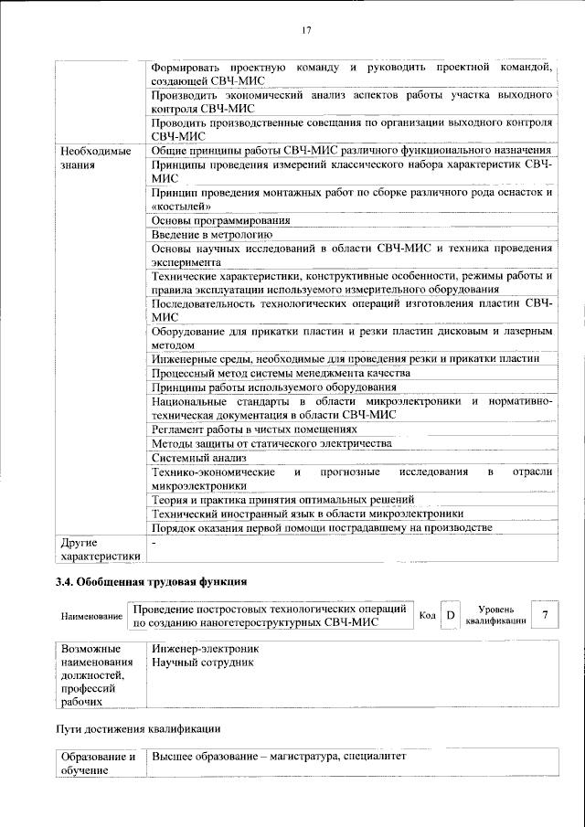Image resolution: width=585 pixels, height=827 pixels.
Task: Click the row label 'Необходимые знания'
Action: click(x=95, y=158)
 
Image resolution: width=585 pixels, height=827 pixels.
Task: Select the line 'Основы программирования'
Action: click(x=220, y=220)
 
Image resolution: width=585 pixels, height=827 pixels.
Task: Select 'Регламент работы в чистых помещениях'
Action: click(x=253, y=429)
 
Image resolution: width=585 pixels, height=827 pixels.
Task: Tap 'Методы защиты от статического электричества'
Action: click(x=271, y=443)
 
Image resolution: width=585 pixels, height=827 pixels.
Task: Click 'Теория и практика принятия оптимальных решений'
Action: click(x=282, y=499)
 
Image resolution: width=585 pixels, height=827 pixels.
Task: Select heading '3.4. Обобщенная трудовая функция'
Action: click(x=151, y=581)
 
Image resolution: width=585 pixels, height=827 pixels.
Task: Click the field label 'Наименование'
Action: click(x=91, y=617)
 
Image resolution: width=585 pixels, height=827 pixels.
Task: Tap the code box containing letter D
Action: click(x=450, y=616)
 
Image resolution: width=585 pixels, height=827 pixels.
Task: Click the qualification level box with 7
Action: click(x=545, y=615)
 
